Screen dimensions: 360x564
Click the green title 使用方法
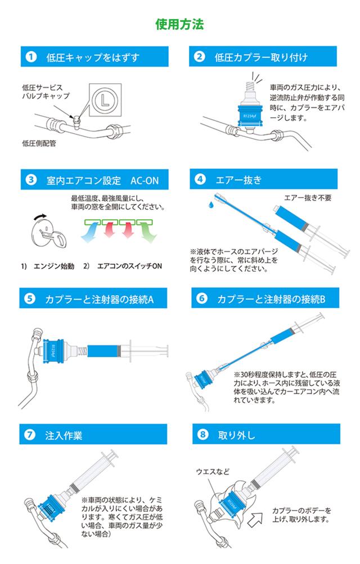coord(179,24)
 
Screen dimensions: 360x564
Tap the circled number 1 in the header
coord(31,57)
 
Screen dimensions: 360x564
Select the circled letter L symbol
coord(105,100)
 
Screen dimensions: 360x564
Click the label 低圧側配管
coord(39,144)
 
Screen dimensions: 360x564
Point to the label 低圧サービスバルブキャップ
coord(46,92)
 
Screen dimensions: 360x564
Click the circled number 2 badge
coord(200,56)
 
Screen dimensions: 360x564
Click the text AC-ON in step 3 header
coord(144,180)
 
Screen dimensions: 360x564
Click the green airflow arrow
coord(147,232)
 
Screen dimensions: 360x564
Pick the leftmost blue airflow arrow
coord(89,232)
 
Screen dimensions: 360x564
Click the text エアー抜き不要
coord(308,198)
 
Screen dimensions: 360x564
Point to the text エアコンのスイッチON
coord(129,266)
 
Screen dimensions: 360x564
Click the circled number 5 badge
coord(30,299)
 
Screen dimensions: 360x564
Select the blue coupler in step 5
coord(53,351)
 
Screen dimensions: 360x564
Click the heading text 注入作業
coord(64,436)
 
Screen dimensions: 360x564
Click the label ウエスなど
coord(213,471)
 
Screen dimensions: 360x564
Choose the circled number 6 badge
coord(202,298)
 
